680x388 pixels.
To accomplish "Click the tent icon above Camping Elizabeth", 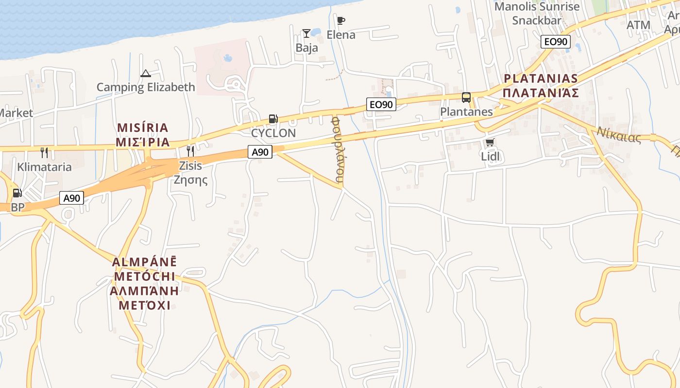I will [x=145, y=74].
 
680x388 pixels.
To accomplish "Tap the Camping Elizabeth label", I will [x=146, y=87].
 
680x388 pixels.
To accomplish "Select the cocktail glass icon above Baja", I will [x=306, y=33].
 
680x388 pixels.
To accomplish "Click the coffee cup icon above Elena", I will [x=341, y=20].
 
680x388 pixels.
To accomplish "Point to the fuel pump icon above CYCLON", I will [x=273, y=119].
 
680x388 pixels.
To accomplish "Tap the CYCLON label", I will [x=273, y=133].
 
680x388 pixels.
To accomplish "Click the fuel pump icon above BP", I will [x=17, y=193].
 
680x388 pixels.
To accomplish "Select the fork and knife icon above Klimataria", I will [x=44, y=153].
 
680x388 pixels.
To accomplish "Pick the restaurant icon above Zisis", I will [x=190, y=151].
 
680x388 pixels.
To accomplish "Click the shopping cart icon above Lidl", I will [x=490, y=143].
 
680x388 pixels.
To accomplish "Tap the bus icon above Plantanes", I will [x=466, y=97].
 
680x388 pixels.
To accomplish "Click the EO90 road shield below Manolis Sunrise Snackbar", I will [x=555, y=42].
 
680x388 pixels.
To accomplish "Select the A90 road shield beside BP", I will [x=72, y=198].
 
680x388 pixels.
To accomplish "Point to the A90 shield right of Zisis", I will [x=260, y=152].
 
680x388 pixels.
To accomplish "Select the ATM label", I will [x=638, y=25].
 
